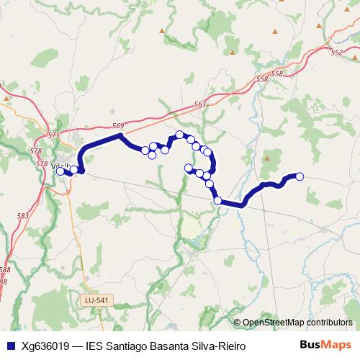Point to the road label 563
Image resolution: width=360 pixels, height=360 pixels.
pos(200,104)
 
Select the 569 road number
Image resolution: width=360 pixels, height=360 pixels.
pos(118,126)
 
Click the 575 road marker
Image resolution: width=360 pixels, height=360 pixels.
pos(54,135)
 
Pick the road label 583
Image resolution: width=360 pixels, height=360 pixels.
pos(23,215)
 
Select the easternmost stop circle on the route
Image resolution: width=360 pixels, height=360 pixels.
pos(300,176)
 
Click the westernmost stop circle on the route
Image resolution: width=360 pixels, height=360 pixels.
pos(60,171)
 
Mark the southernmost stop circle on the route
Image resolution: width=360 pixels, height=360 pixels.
pos(217,200)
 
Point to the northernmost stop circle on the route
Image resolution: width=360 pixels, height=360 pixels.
pos(180,134)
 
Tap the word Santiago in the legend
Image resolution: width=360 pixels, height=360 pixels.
pos(127,346)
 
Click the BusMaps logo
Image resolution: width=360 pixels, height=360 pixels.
pos(325,344)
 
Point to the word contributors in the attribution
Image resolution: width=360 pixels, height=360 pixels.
pos(330,323)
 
